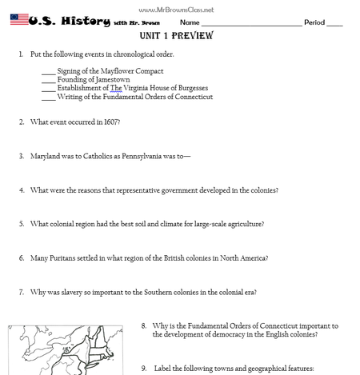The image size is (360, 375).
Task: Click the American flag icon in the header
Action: pyautogui.click(x=19, y=19)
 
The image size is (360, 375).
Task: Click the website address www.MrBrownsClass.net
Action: pyautogui.click(x=176, y=10)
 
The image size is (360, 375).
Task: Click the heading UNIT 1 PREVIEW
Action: pyautogui.click(x=177, y=35)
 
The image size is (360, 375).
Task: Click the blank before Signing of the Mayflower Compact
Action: pyautogui.click(x=49, y=74)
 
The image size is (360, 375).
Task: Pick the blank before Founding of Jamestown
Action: pyautogui.click(x=49, y=83)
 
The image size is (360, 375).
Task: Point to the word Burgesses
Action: pyautogui.click(x=193, y=88)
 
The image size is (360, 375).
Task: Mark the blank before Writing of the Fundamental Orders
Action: pyautogui.click(x=49, y=100)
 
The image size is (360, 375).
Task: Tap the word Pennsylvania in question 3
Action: pyautogui.click(x=142, y=156)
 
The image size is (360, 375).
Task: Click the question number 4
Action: pyautogui.click(x=22, y=190)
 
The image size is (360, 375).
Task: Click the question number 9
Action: pyautogui.click(x=144, y=369)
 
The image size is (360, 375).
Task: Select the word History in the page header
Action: pyautogui.click(x=86, y=21)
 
